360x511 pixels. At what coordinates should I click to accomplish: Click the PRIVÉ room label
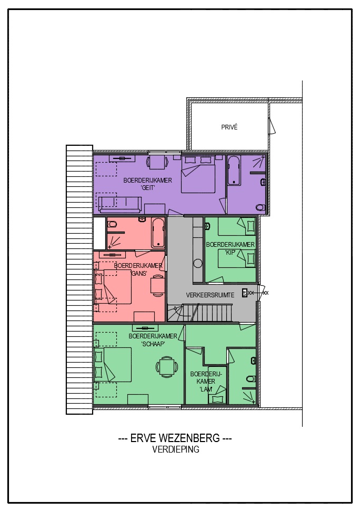pos(229,127)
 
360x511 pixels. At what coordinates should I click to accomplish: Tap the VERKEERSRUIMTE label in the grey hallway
pos(210,295)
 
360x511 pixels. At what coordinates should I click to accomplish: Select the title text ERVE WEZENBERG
pos(175,438)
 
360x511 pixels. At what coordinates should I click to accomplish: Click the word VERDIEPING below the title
pos(176,449)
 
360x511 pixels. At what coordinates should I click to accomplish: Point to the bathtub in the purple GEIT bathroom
pos(234,171)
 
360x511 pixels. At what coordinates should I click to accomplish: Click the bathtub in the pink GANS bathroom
pos(158,233)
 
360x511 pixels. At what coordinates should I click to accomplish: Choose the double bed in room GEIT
pos(198,175)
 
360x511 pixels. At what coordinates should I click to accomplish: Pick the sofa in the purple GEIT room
pos(120,204)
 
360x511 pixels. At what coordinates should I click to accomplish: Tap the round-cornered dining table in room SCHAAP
pos(167,367)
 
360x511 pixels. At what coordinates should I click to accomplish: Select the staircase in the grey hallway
pos(199,313)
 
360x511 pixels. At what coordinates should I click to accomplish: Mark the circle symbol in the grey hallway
pos(198,263)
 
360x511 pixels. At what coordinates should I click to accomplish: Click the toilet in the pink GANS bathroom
pos(112,224)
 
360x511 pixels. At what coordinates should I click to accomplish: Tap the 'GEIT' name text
pos(147,188)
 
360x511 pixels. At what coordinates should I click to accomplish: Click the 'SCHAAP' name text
pos(153,344)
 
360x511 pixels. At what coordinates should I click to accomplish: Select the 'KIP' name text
pos(230,252)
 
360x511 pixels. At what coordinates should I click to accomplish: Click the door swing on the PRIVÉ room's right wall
pos(272,126)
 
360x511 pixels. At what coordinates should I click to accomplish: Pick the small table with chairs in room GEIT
pos(157,162)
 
